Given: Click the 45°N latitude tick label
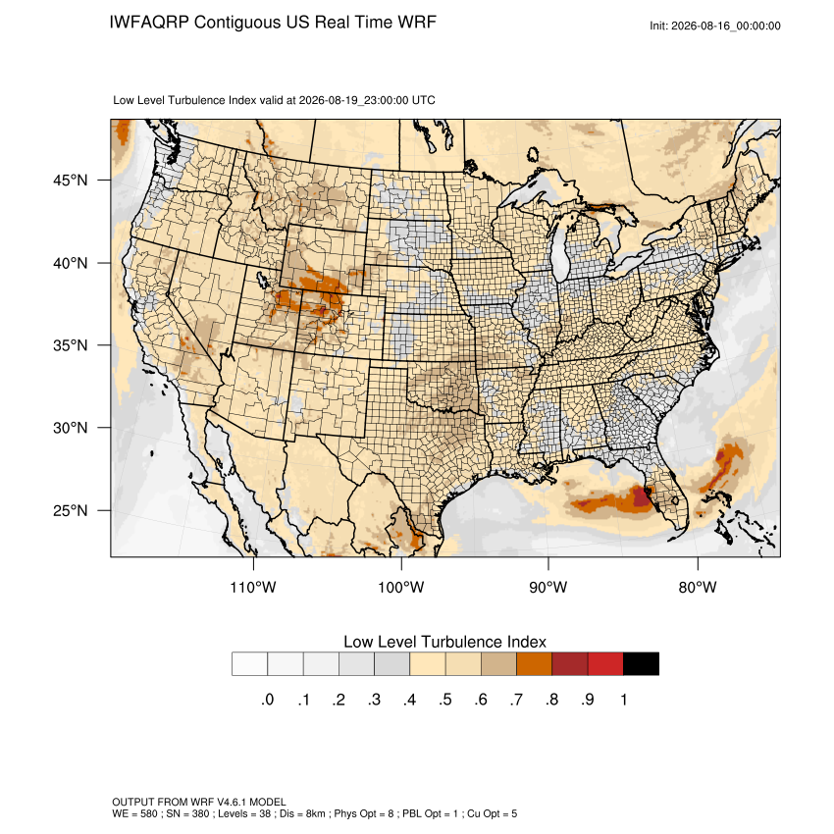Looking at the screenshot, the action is pyautogui.click(x=71, y=181).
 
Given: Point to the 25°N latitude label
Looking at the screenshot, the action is pyautogui.click(x=71, y=510).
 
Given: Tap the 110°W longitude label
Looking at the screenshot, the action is pyautogui.click(x=253, y=587).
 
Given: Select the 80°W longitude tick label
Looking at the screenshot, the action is pyautogui.click(x=698, y=587).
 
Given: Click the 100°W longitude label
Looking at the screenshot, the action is pyautogui.click(x=401, y=587).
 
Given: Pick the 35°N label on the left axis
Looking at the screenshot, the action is pyautogui.click(x=71, y=345).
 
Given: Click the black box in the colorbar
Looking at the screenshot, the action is pyautogui.click(x=641, y=664).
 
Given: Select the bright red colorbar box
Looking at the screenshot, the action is pyautogui.click(x=605, y=664).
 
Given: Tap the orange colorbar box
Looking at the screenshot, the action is pyautogui.click(x=534, y=664).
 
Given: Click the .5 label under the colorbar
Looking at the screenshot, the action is pyautogui.click(x=445, y=700).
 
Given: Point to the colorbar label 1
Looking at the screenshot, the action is pyautogui.click(x=624, y=700).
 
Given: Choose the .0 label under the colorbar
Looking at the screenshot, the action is pyautogui.click(x=268, y=700).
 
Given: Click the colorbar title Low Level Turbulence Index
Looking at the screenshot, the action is pyautogui.click(x=444, y=642).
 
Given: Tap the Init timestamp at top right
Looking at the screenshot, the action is pyautogui.click(x=715, y=26).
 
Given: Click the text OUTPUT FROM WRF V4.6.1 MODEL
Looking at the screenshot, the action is pyautogui.click(x=199, y=802).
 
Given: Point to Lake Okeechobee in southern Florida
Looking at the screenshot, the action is pyautogui.click(x=674, y=500).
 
